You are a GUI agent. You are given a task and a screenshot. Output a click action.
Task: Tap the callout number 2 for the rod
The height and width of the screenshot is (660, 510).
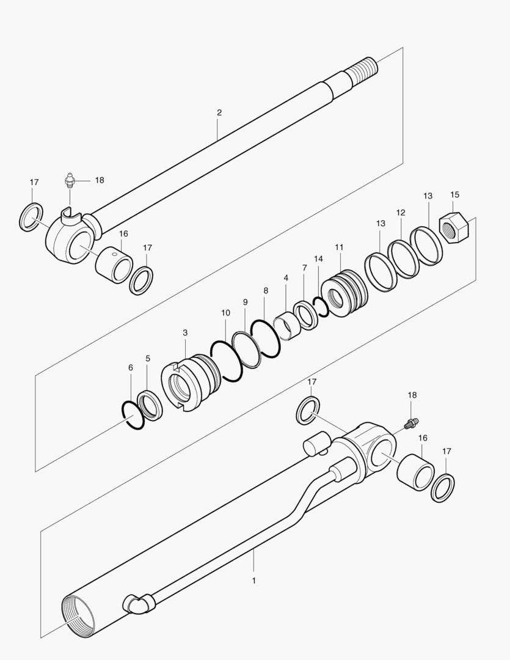point(219,112)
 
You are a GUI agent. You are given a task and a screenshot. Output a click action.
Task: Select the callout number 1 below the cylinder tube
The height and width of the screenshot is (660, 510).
point(253,580)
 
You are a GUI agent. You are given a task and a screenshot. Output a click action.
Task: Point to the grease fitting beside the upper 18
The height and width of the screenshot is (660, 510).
point(69,182)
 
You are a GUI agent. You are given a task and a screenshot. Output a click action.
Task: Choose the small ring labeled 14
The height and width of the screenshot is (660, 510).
point(321,306)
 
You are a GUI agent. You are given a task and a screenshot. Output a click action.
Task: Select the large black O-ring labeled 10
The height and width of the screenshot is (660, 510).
point(227,361)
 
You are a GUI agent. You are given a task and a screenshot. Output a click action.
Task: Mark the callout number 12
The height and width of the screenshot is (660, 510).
point(401,213)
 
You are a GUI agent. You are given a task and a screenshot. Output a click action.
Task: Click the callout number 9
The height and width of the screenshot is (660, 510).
point(245,302)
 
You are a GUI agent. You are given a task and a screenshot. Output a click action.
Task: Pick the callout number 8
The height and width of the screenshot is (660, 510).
point(266,291)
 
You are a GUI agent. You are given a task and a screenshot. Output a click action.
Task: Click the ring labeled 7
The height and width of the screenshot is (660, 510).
point(305,315)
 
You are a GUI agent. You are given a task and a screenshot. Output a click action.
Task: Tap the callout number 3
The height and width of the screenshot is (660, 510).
point(185,332)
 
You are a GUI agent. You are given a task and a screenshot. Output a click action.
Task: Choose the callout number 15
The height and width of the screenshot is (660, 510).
point(454,195)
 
